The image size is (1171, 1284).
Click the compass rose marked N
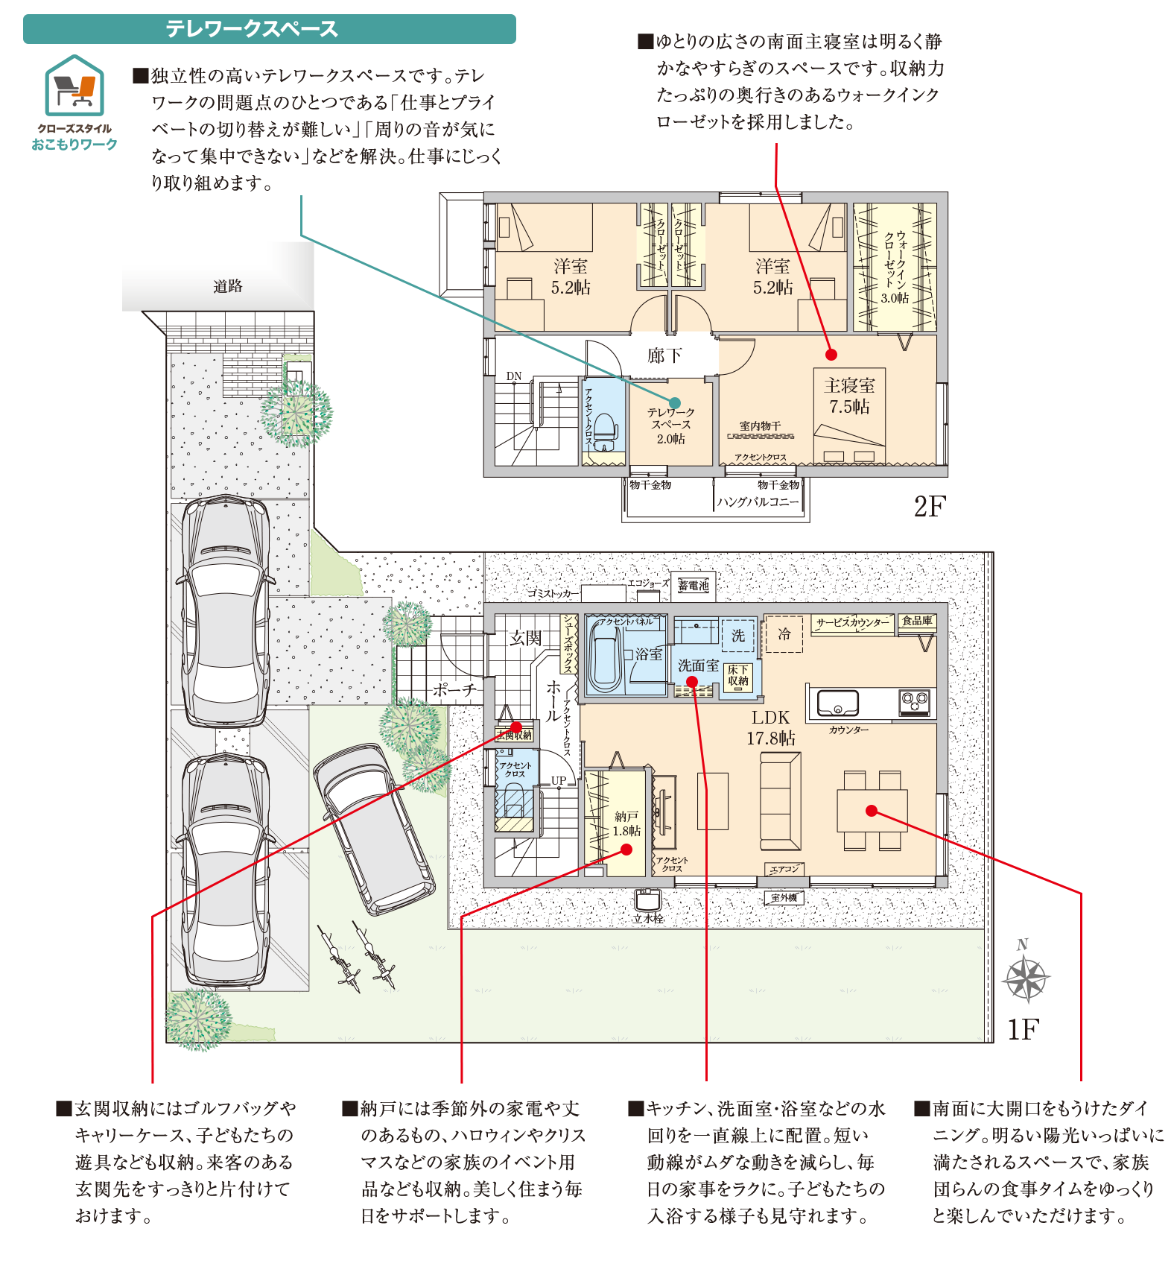pos(1026,977)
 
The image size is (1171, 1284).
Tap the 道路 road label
pos(227,286)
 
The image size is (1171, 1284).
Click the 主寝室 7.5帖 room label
pos(849,396)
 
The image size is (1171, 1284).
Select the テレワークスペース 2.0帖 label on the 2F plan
pos(670,426)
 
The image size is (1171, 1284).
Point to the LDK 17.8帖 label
pos(770,727)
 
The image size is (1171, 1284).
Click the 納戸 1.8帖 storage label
pos(626,823)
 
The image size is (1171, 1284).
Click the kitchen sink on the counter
pos(838,703)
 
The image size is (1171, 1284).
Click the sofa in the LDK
pos(780,800)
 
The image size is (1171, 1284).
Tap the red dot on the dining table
pos(872,811)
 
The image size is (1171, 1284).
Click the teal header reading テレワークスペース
pos(269,29)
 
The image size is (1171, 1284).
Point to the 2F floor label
pos(929,507)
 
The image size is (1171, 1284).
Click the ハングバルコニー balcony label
pos(758,502)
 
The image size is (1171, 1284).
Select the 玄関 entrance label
pos(525,638)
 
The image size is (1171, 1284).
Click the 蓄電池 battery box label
pos(694,586)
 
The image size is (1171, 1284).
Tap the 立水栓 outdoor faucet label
pos(647,918)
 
